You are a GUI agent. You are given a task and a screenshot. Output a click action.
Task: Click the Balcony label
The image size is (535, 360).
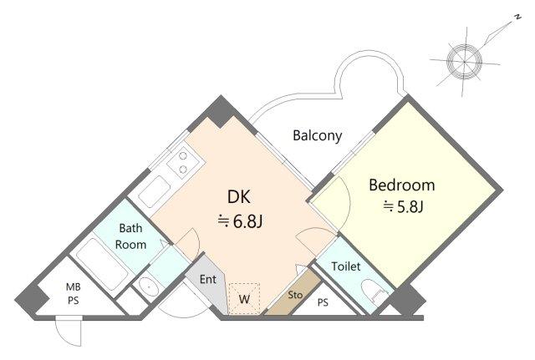tap(318, 135)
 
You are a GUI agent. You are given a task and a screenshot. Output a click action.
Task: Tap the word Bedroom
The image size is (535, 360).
tap(402, 185)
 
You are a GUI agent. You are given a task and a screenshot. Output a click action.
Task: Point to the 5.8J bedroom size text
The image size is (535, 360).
tap(403, 206)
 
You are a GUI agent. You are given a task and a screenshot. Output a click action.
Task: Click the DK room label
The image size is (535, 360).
tap(239, 197)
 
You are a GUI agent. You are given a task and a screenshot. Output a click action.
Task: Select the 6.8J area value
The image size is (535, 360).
tap(240, 221)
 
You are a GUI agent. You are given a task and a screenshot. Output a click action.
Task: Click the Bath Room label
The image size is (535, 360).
tap(130, 236)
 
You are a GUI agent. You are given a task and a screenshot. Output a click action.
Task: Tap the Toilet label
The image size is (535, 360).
tap(346, 266)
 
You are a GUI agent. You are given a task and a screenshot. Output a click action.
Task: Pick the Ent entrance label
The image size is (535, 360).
tap(208, 280)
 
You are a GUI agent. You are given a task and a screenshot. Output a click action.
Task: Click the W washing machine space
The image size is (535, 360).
tap(244, 299)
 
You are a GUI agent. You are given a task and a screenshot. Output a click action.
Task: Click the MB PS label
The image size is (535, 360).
tap(74, 294)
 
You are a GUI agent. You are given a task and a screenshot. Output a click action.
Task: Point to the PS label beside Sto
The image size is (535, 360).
tap(323, 302)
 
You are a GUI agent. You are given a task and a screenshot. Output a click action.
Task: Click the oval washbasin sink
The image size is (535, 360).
tap(149, 287)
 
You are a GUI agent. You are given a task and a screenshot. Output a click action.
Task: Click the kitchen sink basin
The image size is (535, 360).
tap(155, 191)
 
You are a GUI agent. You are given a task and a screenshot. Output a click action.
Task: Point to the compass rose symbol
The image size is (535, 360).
tap(465, 61)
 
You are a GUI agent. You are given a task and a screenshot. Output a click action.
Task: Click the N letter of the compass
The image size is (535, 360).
tap(518, 17)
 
